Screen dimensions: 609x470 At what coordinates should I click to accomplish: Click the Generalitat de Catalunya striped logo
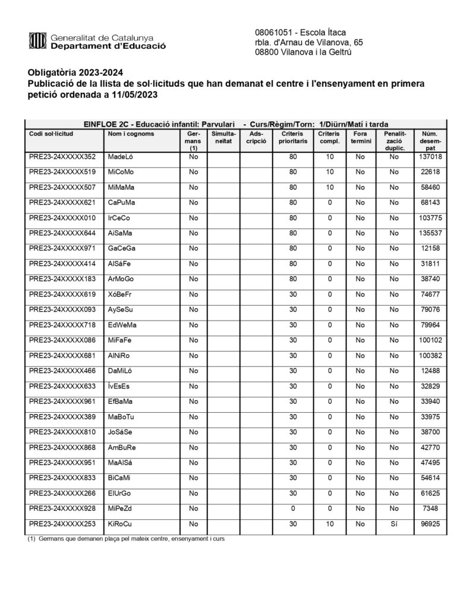pyautogui.click(x=37, y=40)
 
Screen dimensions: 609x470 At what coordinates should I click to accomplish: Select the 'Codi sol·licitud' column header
pyautogui.click(x=51, y=134)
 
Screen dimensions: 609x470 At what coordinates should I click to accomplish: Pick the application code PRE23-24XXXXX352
pyautogui.click(x=62, y=157)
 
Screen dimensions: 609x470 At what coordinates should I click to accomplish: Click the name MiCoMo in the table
pyautogui.click(x=121, y=172)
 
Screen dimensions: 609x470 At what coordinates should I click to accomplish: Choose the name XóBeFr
pyautogui.click(x=121, y=294)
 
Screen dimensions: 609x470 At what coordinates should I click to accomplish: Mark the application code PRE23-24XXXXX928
pyautogui.click(x=62, y=508)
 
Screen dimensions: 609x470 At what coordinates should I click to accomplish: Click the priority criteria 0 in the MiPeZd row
pyautogui.click(x=292, y=508)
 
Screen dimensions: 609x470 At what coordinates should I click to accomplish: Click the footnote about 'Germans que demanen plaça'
pyautogui.click(x=125, y=539)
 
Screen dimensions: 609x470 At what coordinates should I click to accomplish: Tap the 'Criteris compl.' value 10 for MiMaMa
pyautogui.click(x=330, y=187)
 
